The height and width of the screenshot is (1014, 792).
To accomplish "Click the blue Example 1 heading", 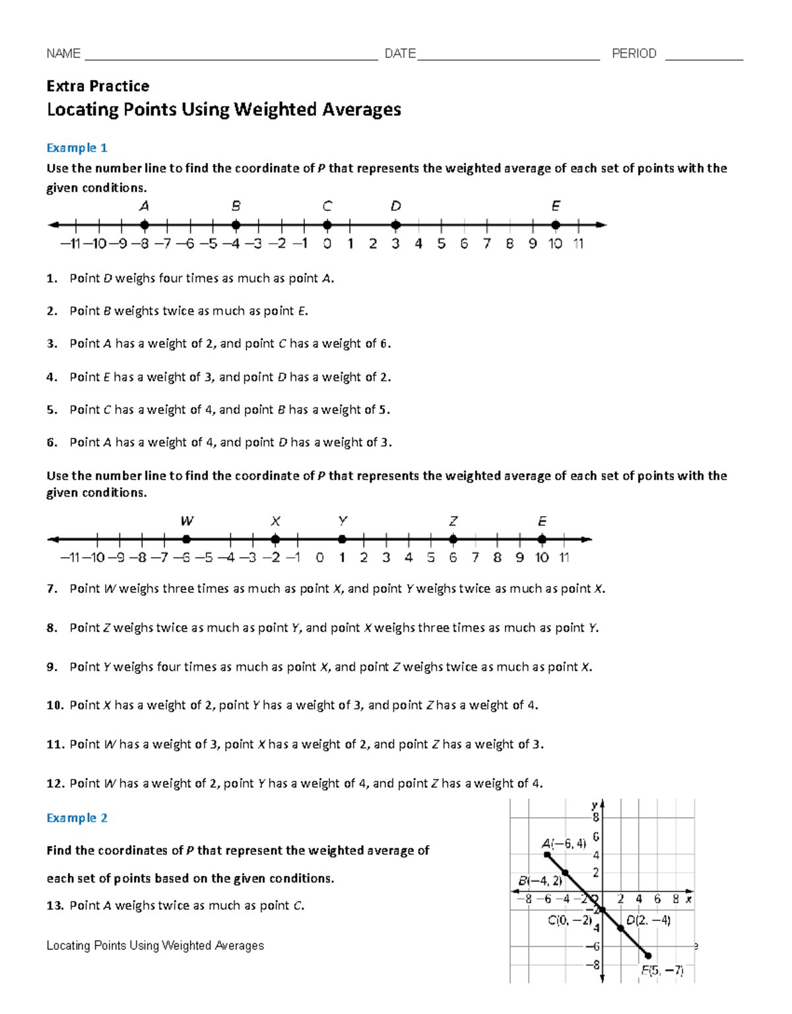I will click(x=77, y=148).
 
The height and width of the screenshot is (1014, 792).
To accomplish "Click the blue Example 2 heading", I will click(x=77, y=818).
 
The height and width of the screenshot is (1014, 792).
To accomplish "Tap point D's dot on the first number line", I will click(x=395, y=225).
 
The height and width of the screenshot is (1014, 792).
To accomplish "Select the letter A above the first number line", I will click(x=144, y=206).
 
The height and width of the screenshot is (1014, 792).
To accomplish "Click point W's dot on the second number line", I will click(x=187, y=539).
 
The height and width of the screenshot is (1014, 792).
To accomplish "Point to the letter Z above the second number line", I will click(x=453, y=521).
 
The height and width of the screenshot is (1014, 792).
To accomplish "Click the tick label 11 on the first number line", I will click(x=578, y=244).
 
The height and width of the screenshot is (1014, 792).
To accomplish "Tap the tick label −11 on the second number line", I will click(x=70, y=558).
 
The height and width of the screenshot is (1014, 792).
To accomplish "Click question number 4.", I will click(x=51, y=378).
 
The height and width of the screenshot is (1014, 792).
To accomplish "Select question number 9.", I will click(x=51, y=667).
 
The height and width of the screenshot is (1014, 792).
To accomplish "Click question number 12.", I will click(x=55, y=784).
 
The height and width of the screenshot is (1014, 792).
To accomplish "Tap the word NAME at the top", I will click(x=63, y=53).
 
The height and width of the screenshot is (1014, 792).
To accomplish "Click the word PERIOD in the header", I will click(x=634, y=53).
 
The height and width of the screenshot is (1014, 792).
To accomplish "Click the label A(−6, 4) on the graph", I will click(x=564, y=843).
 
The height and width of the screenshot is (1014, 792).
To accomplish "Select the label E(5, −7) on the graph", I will click(x=662, y=970).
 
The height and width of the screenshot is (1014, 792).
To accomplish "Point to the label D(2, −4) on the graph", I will click(x=648, y=920).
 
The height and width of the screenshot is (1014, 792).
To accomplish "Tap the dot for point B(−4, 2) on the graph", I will click(x=565, y=873).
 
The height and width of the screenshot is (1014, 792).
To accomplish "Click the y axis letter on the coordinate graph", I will click(x=594, y=805).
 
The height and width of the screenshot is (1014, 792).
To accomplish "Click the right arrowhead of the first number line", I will click(x=601, y=225).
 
